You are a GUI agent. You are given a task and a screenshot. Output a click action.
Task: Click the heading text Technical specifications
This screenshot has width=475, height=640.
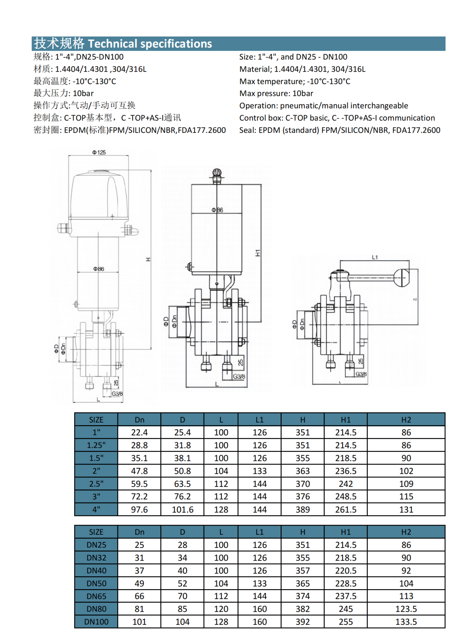(150, 44)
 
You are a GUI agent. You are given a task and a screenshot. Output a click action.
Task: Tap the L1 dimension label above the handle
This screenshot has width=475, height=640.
(375, 257)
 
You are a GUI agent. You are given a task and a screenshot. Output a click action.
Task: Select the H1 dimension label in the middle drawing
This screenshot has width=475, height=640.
(258, 253)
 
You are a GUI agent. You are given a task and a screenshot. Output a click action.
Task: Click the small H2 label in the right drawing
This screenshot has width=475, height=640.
(415, 300)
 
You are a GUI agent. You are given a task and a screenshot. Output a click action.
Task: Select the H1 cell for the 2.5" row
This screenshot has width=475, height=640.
(346, 484)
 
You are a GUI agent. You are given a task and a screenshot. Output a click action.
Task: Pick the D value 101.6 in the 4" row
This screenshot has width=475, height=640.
(183, 509)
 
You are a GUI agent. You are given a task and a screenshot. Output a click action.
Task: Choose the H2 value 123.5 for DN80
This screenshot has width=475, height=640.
(406, 609)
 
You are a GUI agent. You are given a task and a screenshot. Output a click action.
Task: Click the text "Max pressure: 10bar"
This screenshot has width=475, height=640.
(276, 94)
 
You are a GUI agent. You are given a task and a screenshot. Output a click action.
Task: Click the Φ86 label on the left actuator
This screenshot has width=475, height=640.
(99, 269)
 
